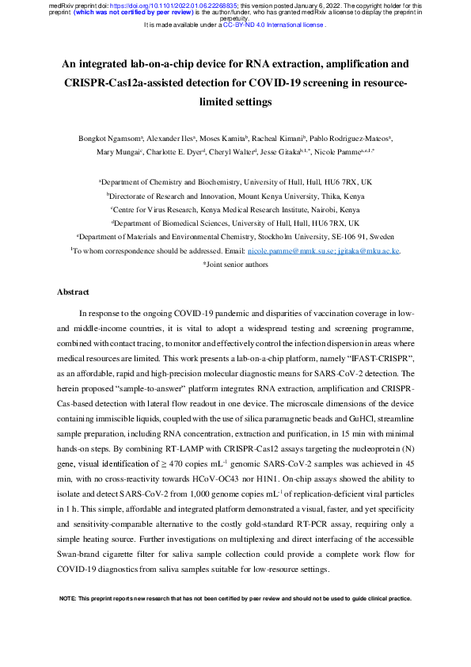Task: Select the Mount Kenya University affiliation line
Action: (x=235, y=194)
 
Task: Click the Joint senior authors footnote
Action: (x=235, y=264)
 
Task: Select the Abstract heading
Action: (x=73, y=292)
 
